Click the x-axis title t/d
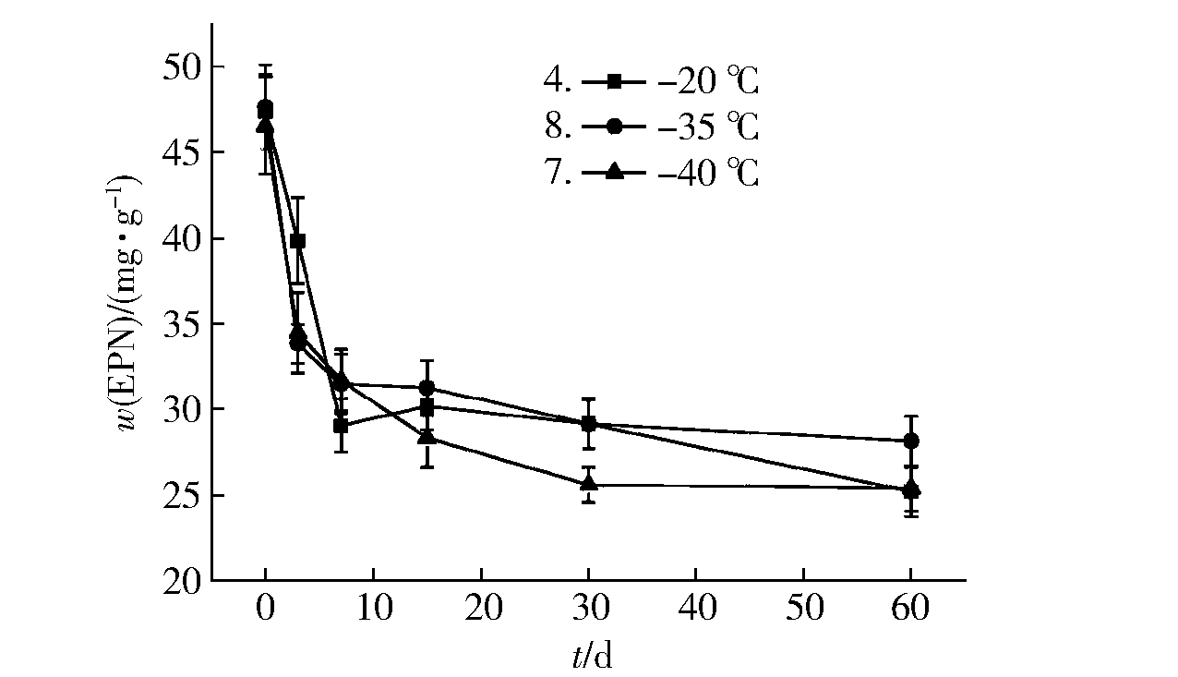(x=592, y=656)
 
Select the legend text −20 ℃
(x=708, y=82)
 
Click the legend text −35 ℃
(x=708, y=127)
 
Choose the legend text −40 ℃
(x=708, y=173)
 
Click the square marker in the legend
(x=615, y=82)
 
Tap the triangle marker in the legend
(x=615, y=172)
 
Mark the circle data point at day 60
(x=910, y=441)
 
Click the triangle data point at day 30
(x=588, y=483)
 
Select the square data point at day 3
(x=297, y=241)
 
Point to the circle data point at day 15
(x=427, y=388)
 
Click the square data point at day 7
(x=341, y=426)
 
